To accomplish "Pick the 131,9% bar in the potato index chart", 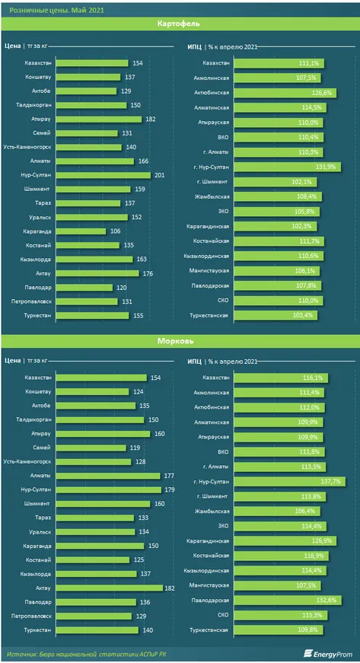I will [x=286, y=167].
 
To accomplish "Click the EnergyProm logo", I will [x=327, y=653].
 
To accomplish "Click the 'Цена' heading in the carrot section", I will [x=11, y=361].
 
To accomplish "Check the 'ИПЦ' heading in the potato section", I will [x=194, y=47].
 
